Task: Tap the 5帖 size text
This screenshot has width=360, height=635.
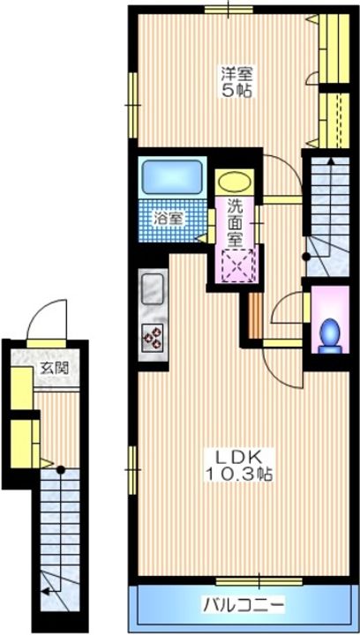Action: point(232,90)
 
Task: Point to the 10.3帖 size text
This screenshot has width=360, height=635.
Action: point(238,474)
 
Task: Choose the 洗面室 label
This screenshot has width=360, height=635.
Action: point(235,223)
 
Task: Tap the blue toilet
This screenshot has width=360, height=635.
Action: point(330,332)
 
